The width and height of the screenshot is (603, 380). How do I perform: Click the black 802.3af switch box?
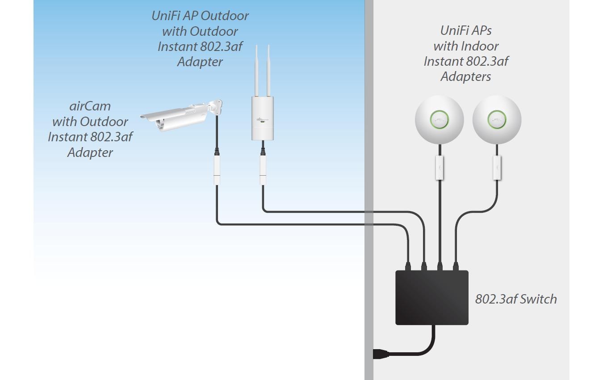click(431, 297)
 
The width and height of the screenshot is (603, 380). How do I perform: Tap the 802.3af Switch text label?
click(516, 299)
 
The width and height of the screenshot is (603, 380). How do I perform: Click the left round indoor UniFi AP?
click(439, 120)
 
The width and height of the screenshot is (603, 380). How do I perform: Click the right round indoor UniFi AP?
click(497, 120)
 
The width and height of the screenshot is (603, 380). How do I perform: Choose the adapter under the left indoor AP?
click(440, 168)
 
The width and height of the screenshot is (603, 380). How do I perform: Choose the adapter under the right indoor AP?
click(497, 168)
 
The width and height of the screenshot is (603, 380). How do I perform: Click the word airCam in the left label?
click(90, 106)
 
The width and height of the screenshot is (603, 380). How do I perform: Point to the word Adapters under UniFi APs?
click(465, 76)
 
